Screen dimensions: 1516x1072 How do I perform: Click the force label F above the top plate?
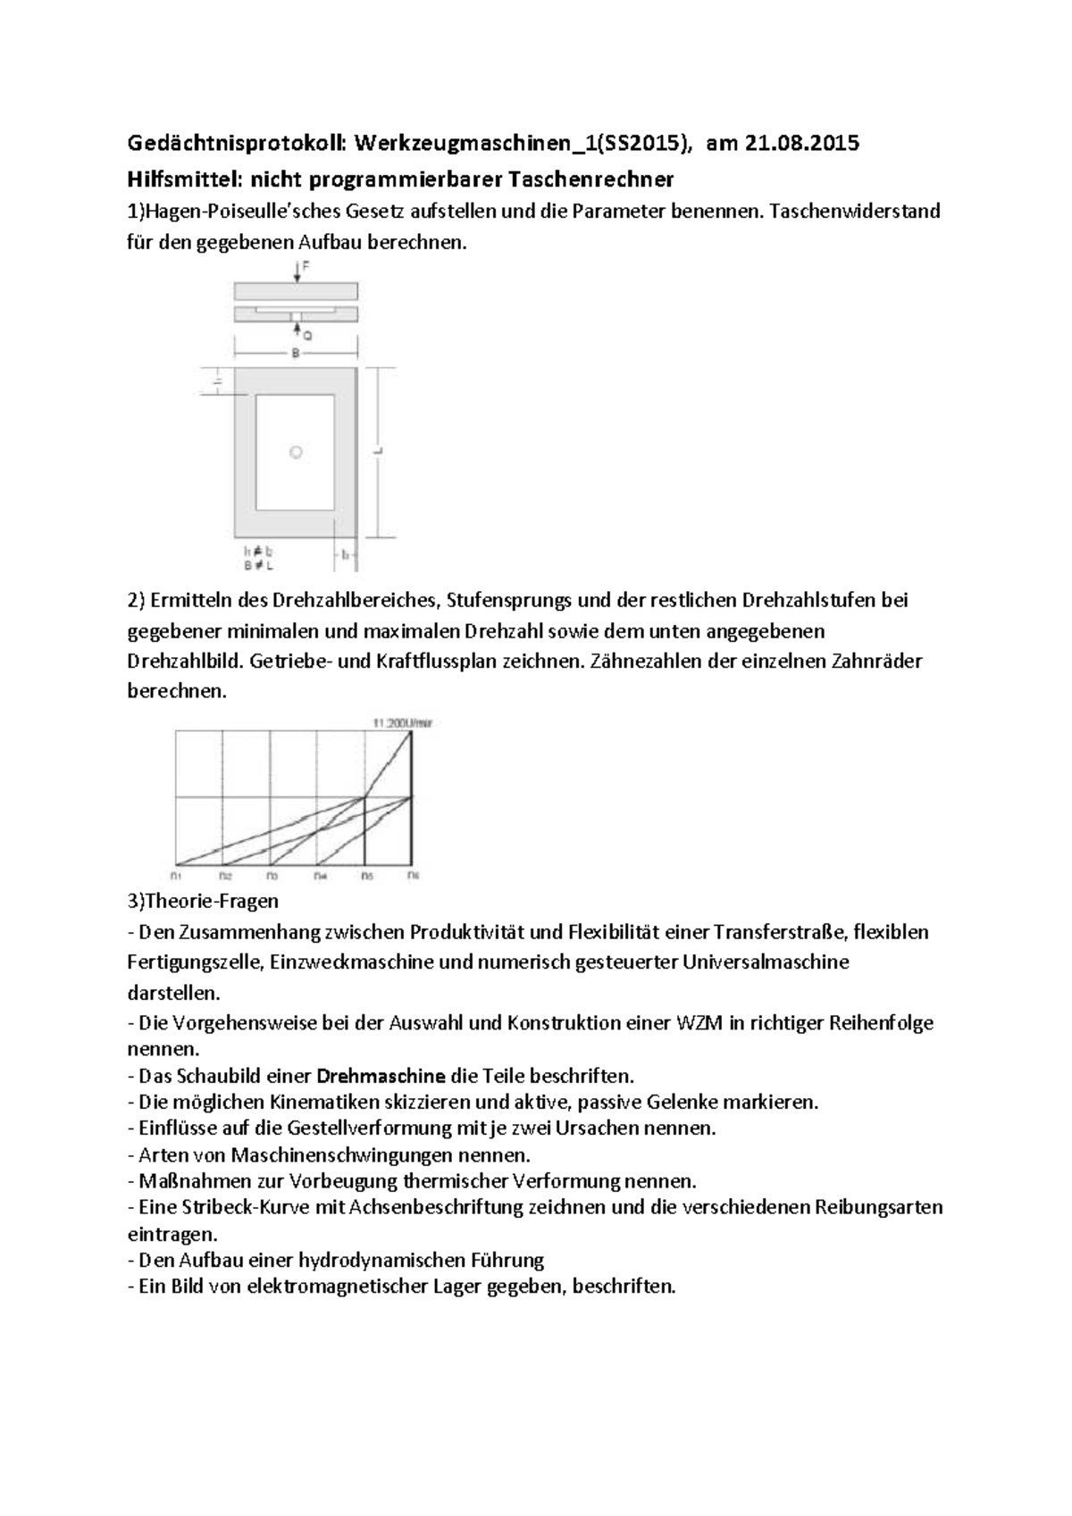tap(306, 266)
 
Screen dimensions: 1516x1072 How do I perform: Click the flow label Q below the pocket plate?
tap(306, 336)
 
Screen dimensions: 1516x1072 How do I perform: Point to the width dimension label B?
tap(296, 353)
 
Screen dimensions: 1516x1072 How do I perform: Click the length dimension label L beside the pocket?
tap(380, 452)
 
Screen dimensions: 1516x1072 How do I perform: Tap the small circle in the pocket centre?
tap(296, 453)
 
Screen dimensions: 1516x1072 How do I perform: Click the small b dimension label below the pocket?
tap(345, 554)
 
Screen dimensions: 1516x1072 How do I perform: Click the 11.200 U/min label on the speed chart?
tap(402, 722)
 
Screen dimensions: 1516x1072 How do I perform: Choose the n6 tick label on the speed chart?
tap(412, 875)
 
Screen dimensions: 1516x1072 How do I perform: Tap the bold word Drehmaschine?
tap(381, 1076)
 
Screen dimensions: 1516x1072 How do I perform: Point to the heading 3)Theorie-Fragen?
tap(203, 902)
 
